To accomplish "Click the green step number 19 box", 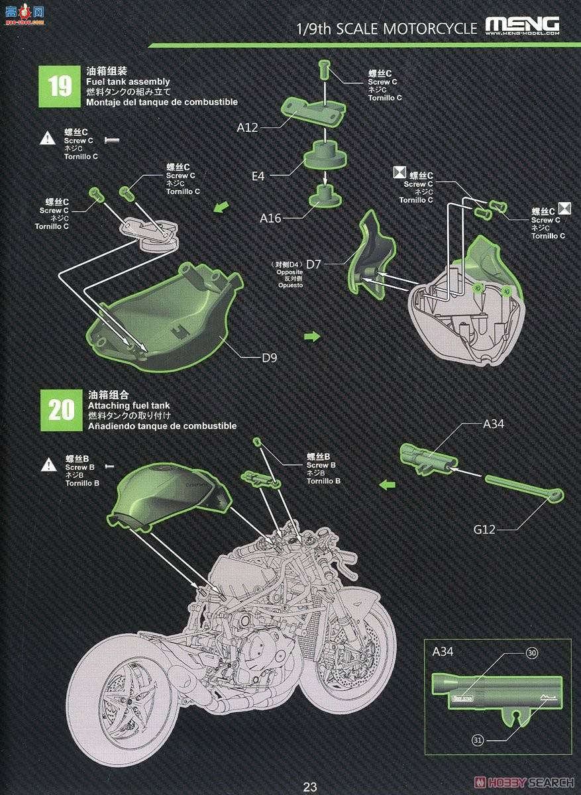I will [x=60, y=86].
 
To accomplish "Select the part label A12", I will [x=248, y=127].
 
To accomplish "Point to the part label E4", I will [x=258, y=176].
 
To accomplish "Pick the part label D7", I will [x=313, y=264].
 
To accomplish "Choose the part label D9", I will [x=269, y=358].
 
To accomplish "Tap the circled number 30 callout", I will [x=531, y=653].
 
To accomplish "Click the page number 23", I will [x=309, y=787].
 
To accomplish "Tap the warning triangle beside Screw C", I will [x=48, y=138].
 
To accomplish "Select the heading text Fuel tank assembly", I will [x=127, y=81].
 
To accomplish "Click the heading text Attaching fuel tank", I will [x=128, y=405].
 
